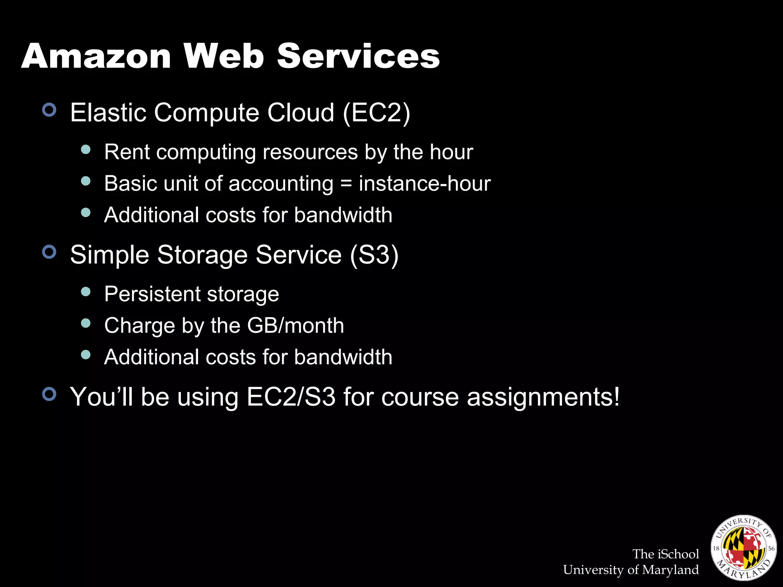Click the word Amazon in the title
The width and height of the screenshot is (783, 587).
point(96,56)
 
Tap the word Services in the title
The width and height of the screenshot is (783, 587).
point(358,56)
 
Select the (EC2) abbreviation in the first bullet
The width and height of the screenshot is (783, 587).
point(376,113)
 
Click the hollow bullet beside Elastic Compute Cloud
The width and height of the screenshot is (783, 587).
point(49,110)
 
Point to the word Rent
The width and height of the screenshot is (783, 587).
point(127,152)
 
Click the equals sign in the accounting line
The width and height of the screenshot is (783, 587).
point(346,184)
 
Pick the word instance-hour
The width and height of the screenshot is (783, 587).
point(424,184)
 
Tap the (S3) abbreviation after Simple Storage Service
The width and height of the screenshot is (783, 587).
point(374,255)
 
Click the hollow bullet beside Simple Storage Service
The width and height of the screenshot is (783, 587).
point(49,252)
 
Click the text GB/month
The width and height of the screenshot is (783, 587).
point(296,326)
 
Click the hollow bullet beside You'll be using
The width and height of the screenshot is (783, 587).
point(49,394)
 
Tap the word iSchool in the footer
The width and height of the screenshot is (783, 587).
point(678,554)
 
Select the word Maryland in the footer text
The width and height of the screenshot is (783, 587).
point(670,570)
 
